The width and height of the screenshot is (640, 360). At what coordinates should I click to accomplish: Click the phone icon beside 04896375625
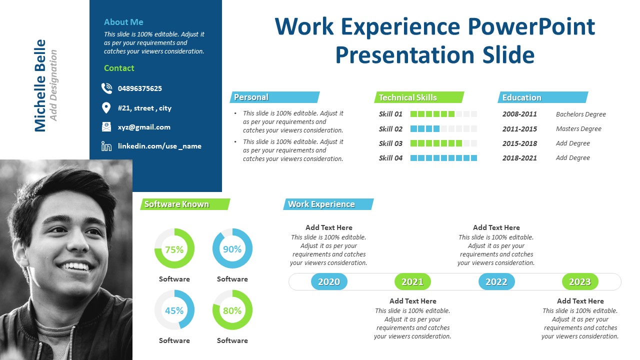click(106, 88)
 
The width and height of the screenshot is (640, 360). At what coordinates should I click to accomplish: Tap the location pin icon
click(106, 108)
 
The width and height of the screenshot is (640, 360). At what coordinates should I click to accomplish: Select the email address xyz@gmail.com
click(144, 127)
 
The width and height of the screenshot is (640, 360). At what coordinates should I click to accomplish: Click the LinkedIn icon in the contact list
click(106, 146)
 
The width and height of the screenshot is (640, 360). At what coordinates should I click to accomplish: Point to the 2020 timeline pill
click(329, 281)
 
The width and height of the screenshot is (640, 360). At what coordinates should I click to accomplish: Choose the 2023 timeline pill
click(580, 281)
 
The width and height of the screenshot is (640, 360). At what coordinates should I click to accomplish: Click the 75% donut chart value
click(174, 249)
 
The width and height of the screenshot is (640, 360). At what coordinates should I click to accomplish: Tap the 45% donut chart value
click(174, 310)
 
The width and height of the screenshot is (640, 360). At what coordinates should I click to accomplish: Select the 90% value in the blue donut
click(232, 249)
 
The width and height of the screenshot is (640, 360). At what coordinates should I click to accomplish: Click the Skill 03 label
click(390, 143)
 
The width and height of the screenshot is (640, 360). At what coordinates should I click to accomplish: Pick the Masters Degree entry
click(578, 129)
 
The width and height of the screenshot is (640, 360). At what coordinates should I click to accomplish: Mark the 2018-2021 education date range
click(519, 158)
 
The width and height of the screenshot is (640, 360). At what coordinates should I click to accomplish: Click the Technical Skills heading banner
click(419, 97)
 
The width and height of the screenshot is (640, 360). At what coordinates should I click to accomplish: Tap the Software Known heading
click(185, 204)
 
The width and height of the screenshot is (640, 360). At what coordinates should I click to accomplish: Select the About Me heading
click(123, 22)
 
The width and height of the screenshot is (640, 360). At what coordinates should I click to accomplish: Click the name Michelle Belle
click(40, 85)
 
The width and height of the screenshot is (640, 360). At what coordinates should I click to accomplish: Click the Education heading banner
click(542, 97)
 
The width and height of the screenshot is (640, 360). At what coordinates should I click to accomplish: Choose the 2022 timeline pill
click(496, 281)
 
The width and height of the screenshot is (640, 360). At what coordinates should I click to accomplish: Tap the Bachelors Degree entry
click(580, 114)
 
